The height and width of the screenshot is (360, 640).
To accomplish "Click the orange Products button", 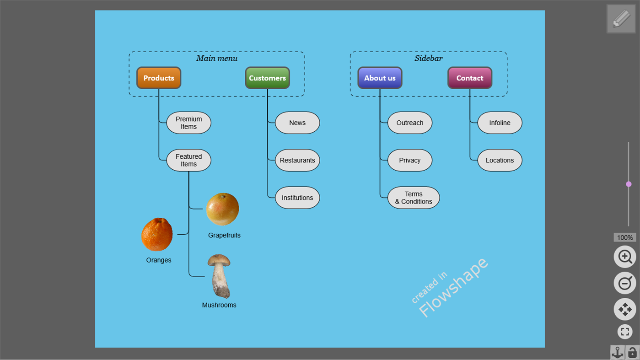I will (159, 78).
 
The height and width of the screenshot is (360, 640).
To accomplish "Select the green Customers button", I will (267, 78).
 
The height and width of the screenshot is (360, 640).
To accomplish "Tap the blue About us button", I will (380, 78).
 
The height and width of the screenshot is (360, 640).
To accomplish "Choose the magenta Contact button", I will (470, 78).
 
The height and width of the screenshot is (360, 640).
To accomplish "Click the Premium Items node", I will (188, 123).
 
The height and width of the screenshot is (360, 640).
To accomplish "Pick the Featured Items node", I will (188, 160).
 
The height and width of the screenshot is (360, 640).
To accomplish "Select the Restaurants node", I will (297, 160).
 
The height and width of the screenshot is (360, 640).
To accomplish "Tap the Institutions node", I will (297, 198).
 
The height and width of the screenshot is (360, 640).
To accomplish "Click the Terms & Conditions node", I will (414, 198).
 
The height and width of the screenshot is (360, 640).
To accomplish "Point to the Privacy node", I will (409, 160).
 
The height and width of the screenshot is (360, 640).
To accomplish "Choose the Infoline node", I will (500, 123).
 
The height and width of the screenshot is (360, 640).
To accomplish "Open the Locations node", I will (500, 160).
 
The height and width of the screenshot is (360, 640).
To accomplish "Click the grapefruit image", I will (222, 209).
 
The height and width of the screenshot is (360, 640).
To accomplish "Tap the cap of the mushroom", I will (219, 261).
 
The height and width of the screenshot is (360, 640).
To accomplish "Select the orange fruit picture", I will (157, 234).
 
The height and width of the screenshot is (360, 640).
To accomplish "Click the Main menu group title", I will (217, 58).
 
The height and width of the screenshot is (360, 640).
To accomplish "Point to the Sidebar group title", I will (429, 58).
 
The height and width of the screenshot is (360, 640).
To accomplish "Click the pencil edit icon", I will (621, 19).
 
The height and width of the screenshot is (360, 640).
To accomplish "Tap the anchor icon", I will (618, 352).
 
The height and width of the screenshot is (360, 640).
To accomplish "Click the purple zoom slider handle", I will (629, 184).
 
